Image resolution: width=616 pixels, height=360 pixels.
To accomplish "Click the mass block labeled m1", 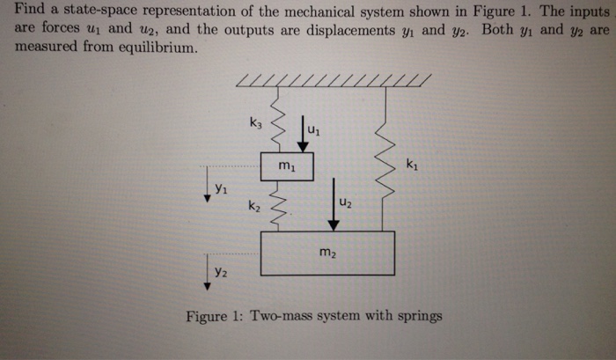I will (x=287, y=165).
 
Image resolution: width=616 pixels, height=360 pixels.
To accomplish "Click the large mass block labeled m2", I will (x=327, y=253).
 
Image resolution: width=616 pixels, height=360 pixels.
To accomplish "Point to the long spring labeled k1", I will (x=385, y=158).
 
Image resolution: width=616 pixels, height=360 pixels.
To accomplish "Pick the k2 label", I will (x=253, y=207).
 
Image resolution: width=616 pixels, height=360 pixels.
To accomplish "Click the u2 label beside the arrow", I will (x=347, y=204).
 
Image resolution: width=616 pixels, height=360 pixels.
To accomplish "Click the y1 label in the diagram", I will (x=222, y=188).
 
